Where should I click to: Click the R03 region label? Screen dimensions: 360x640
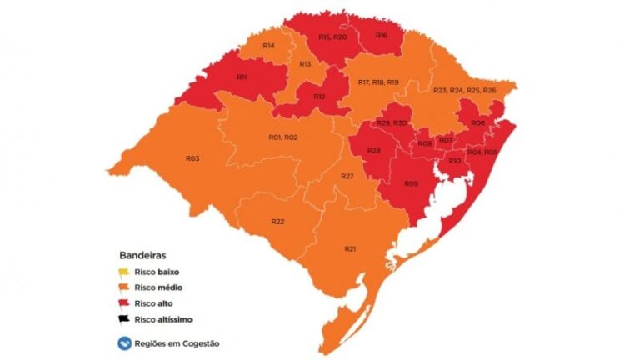(192, 157)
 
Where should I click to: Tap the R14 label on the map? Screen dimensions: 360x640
(269, 44)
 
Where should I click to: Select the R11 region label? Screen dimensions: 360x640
(242, 77)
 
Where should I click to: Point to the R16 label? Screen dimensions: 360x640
(381, 35)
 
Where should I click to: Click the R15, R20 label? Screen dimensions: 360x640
(332, 37)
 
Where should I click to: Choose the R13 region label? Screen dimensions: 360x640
(306, 64)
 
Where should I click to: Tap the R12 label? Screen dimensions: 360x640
(319, 97)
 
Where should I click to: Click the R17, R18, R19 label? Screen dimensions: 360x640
(378, 82)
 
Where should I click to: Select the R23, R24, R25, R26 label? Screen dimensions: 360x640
(465, 89)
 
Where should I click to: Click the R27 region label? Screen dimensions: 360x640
(347, 176)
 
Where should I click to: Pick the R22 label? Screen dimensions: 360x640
(278, 221)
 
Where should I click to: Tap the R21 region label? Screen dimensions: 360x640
(351, 249)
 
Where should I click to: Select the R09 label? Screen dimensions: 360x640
(411, 183)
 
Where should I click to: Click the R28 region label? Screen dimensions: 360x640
(374, 150)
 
